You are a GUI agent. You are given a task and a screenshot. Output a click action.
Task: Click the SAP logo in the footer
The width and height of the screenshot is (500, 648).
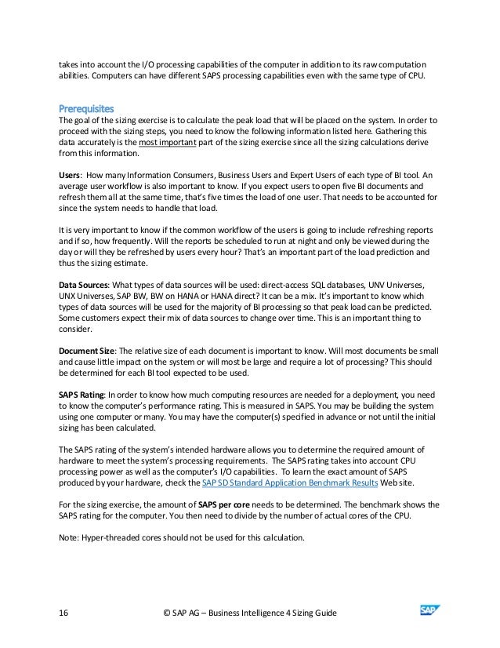(429, 606)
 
